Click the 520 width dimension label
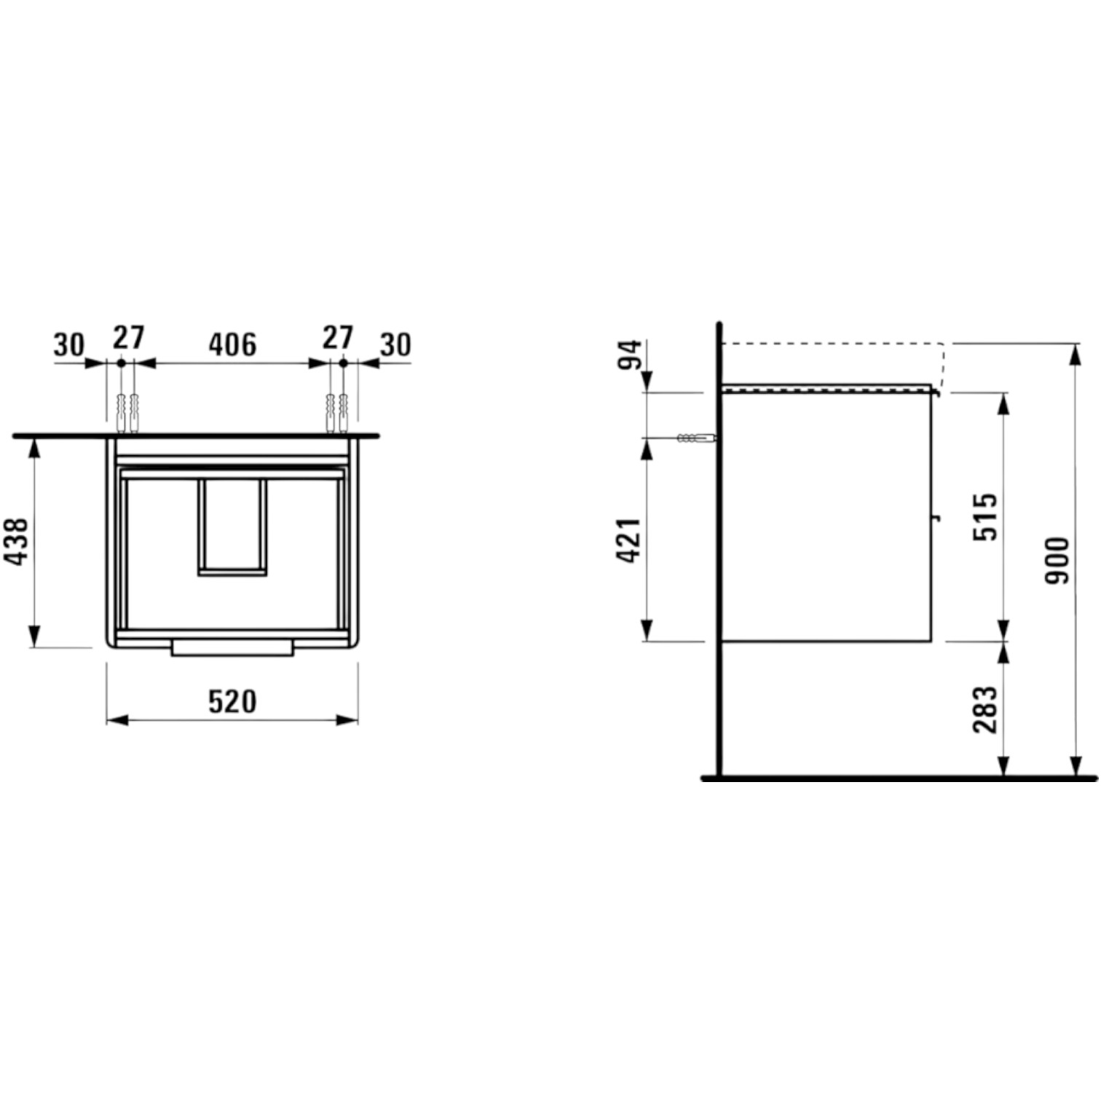coord(232,701)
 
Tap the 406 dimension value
coord(232,344)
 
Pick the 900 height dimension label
coord(1057,560)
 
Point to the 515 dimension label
coord(986,516)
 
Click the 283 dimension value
coord(986,709)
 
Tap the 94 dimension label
coord(631,355)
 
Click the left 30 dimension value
coord(69,344)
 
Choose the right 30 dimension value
coord(395,344)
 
